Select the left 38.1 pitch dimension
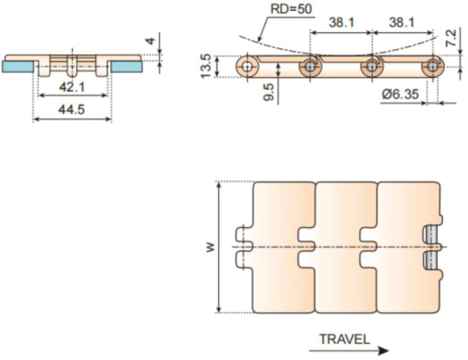coord(340,22)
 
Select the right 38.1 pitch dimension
coord(401,22)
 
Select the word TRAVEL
coord(345,339)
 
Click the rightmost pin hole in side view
coord(433,67)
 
